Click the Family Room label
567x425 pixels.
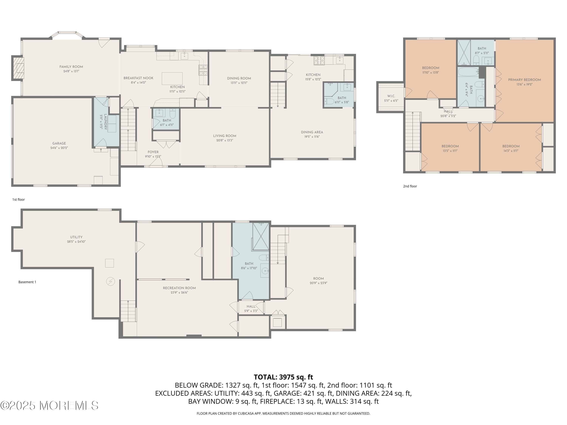(71, 67)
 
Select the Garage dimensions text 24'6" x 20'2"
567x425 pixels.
(59, 148)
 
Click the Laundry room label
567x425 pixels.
(105, 122)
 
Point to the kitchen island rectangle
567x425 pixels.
(172, 78)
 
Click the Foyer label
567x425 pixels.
(153, 152)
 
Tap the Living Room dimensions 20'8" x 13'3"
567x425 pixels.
(224, 140)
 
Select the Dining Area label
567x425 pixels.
(312, 132)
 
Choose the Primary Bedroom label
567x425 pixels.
(524, 80)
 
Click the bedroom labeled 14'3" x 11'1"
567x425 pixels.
(511, 146)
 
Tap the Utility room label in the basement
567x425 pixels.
(76, 237)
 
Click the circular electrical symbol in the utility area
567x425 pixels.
(111, 282)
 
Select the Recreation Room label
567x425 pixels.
(179, 288)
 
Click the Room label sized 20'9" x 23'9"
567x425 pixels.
(318, 278)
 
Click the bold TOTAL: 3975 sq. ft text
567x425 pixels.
(283, 377)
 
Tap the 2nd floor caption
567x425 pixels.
(410, 186)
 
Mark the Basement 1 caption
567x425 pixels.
(27, 282)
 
